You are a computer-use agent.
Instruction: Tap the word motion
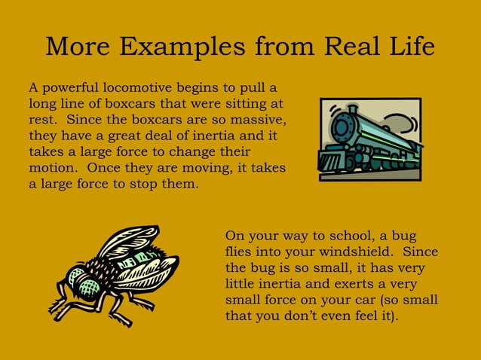pyautogui.click(x=53, y=168)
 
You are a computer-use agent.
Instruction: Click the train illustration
pyautogui.click(x=369, y=139)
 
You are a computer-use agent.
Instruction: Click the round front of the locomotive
pyautogui.click(x=343, y=126)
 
